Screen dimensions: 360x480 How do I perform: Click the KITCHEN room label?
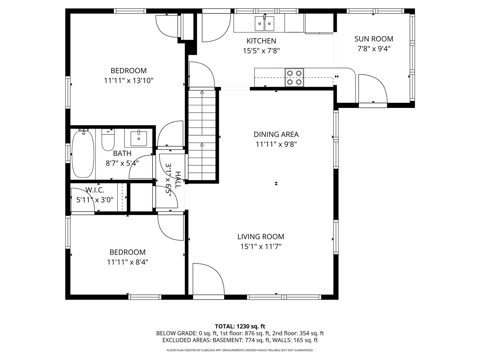[x=261, y=41]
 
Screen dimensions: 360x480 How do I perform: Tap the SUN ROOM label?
[x=373, y=39]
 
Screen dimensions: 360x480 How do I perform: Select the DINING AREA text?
[x=276, y=134]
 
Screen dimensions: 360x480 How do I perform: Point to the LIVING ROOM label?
[x=261, y=237]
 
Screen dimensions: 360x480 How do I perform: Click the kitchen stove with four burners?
[x=294, y=78]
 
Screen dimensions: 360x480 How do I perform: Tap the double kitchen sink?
[x=264, y=24]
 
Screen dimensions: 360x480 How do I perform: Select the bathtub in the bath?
[x=83, y=153]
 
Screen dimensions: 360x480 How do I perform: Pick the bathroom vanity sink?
[x=138, y=138]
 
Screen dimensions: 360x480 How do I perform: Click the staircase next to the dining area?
[x=202, y=135]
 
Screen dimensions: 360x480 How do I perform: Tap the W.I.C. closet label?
[x=94, y=190]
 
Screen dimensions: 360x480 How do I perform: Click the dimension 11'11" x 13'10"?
[x=129, y=80]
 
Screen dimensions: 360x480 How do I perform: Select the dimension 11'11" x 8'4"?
[x=127, y=262]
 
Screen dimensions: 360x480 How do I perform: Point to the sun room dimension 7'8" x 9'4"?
[x=373, y=48]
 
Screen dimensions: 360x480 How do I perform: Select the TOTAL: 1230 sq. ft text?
[x=240, y=326]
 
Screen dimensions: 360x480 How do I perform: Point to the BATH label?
[x=122, y=153]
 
